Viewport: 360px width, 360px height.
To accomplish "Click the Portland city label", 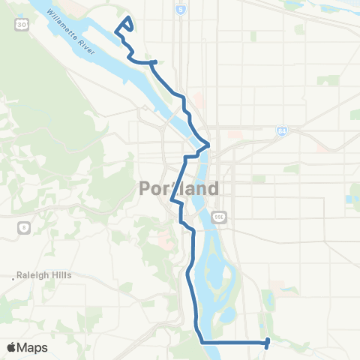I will point(179,188).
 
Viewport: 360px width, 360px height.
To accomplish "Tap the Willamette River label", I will point(72,33).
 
